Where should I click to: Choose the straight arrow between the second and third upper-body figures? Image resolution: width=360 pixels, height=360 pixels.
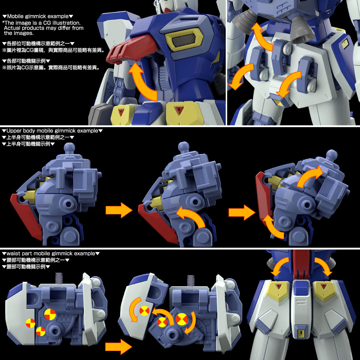241,212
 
